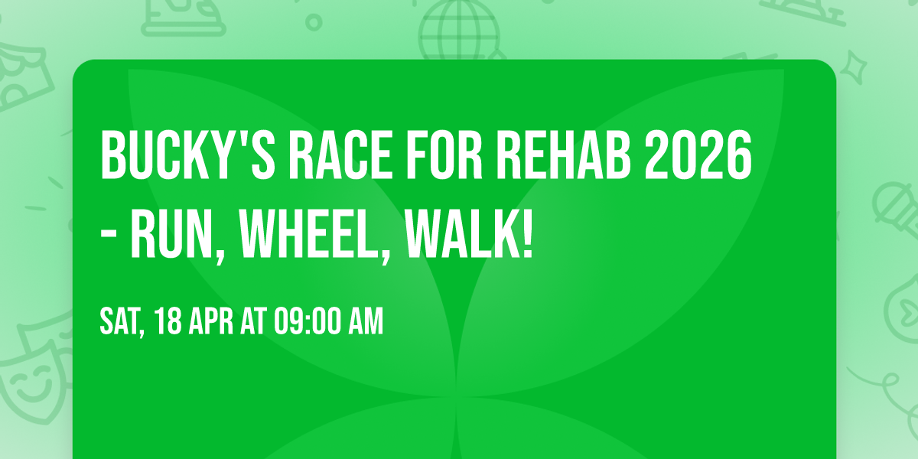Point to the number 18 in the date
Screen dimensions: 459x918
(x=168, y=322)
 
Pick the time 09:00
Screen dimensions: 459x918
(x=314, y=322)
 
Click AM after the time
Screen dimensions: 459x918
(x=366, y=322)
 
